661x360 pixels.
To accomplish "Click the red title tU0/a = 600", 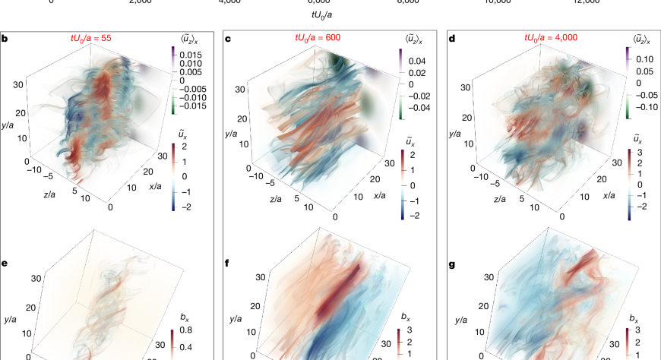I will point(321,36).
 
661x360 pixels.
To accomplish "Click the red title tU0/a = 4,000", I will point(548,36).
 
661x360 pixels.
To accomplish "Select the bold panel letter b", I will point(5,37).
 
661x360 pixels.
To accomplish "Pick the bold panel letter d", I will point(452,37).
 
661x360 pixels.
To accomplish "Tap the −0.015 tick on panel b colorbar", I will point(194,106).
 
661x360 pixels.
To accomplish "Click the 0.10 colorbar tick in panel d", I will point(644,58).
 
